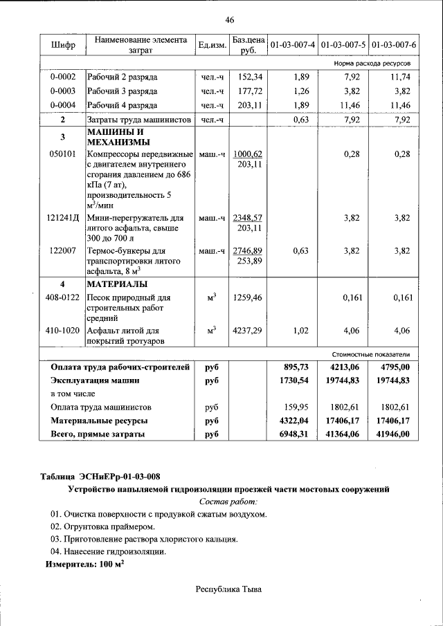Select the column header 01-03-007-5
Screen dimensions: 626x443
(x=343, y=45)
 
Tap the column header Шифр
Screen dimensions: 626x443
(x=63, y=45)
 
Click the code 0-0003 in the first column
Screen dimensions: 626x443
(x=63, y=91)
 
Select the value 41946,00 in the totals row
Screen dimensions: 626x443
(x=395, y=434)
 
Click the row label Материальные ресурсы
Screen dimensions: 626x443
(x=99, y=421)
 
